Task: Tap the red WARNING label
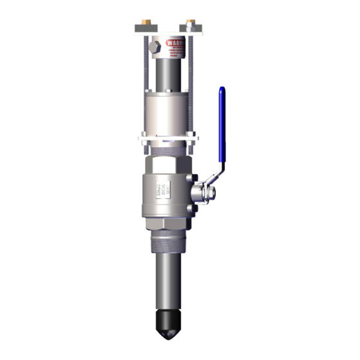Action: pos(175,44)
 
